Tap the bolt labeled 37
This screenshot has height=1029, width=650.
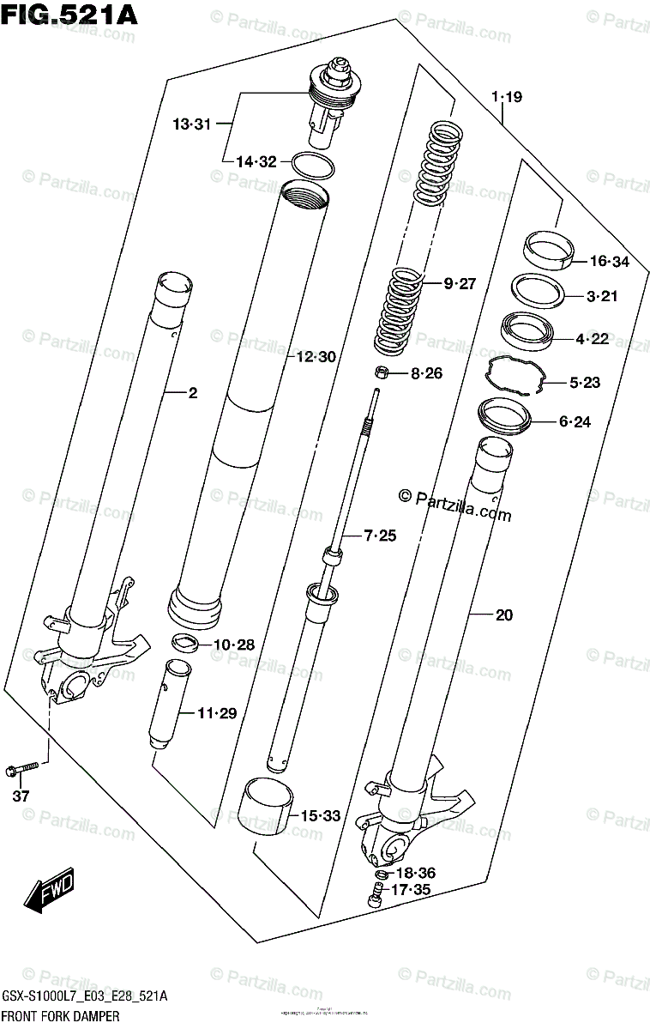point(21,767)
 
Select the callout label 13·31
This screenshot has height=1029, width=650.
point(191,124)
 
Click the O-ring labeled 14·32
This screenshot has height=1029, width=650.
point(313,164)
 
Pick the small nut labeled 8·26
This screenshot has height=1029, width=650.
point(382,372)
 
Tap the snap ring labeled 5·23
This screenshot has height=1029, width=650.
point(515,377)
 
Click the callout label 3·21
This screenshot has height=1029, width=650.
point(602,297)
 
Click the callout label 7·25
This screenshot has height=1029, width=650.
point(380,536)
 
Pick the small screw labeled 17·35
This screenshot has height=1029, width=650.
point(374,894)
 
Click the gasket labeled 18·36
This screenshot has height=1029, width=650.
point(380,875)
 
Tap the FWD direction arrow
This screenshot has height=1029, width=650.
point(50,890)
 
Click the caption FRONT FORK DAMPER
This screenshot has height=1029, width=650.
point(60,1016)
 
